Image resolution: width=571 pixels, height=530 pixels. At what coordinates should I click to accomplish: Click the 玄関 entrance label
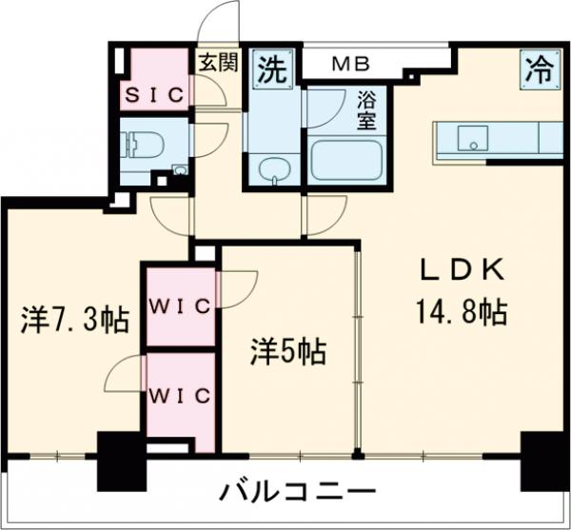217,64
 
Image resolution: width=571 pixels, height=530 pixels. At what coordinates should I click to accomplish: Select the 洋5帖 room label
288,352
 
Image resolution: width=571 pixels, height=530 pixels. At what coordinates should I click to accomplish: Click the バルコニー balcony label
298,494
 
